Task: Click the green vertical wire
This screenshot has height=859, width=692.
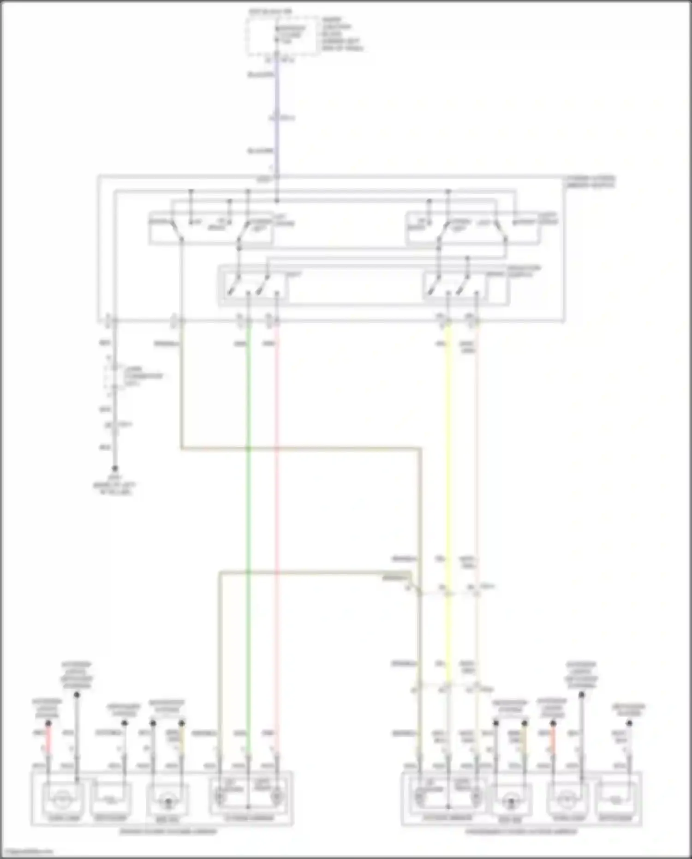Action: pos(249,508)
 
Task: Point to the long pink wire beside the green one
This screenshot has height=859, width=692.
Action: pos(277,508)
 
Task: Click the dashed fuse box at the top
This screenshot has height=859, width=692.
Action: pos(282,36)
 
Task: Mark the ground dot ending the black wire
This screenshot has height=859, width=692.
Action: pos(115,468)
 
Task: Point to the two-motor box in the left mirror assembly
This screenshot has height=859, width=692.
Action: pos(249,796)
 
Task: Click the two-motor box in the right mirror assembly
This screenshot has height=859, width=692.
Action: pos(447,796)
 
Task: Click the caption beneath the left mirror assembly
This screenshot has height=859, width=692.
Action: pos(168,832)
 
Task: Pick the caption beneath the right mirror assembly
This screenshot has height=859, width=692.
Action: pos(521,832)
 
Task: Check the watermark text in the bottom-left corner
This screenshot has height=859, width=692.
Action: pos(27,851)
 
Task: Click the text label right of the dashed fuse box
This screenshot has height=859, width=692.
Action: pos(342,34)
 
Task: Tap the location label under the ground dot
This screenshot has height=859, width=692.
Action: pos(114,486)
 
